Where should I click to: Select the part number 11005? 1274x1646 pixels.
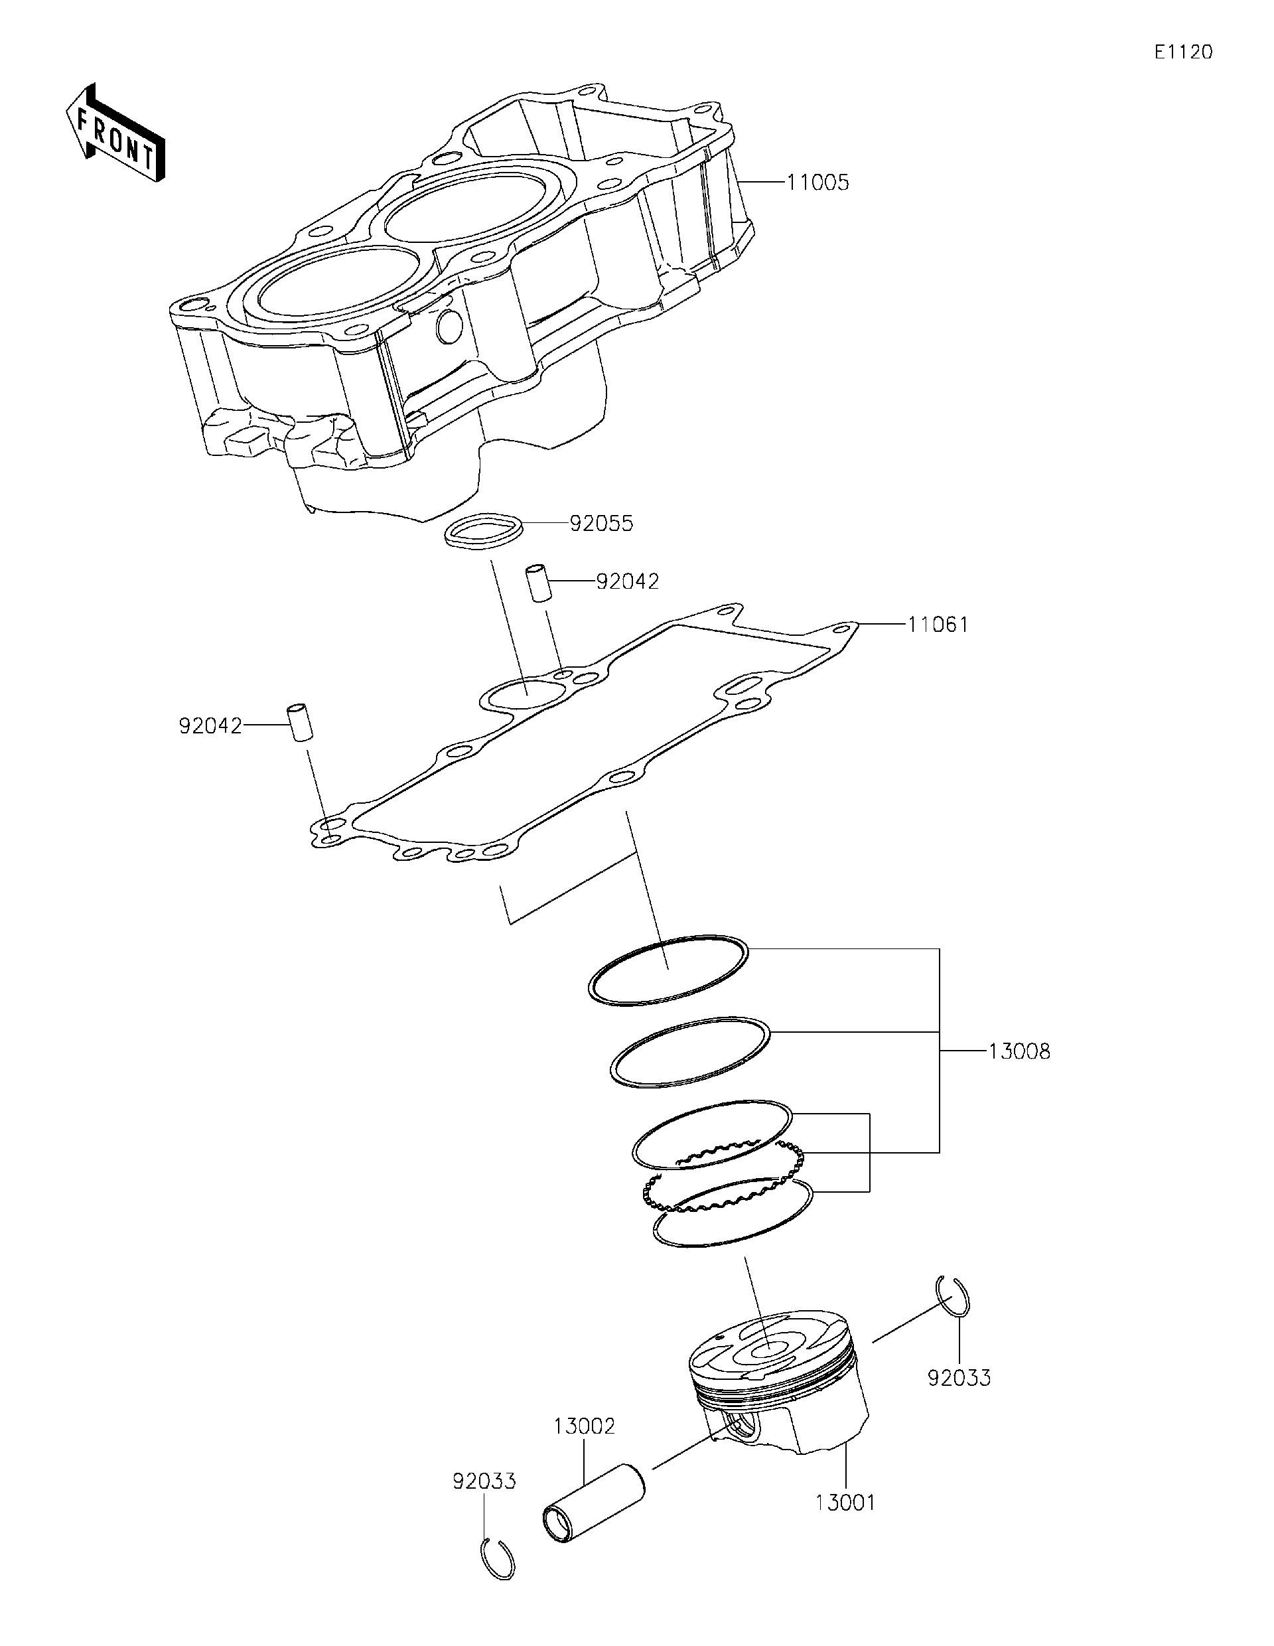coord(817,183)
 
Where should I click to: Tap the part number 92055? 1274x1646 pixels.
coord(601,523)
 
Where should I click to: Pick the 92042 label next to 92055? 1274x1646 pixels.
coord(627,581)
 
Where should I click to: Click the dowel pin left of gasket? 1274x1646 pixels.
coord(299,723)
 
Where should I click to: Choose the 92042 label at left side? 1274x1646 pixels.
coord(210,726)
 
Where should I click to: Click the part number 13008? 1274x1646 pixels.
coord(1019,1051)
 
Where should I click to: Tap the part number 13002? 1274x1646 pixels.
coord(584,1426)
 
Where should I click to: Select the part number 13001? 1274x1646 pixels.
coord(845,1503)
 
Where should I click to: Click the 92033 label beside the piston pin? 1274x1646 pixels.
coord(484,1481)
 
